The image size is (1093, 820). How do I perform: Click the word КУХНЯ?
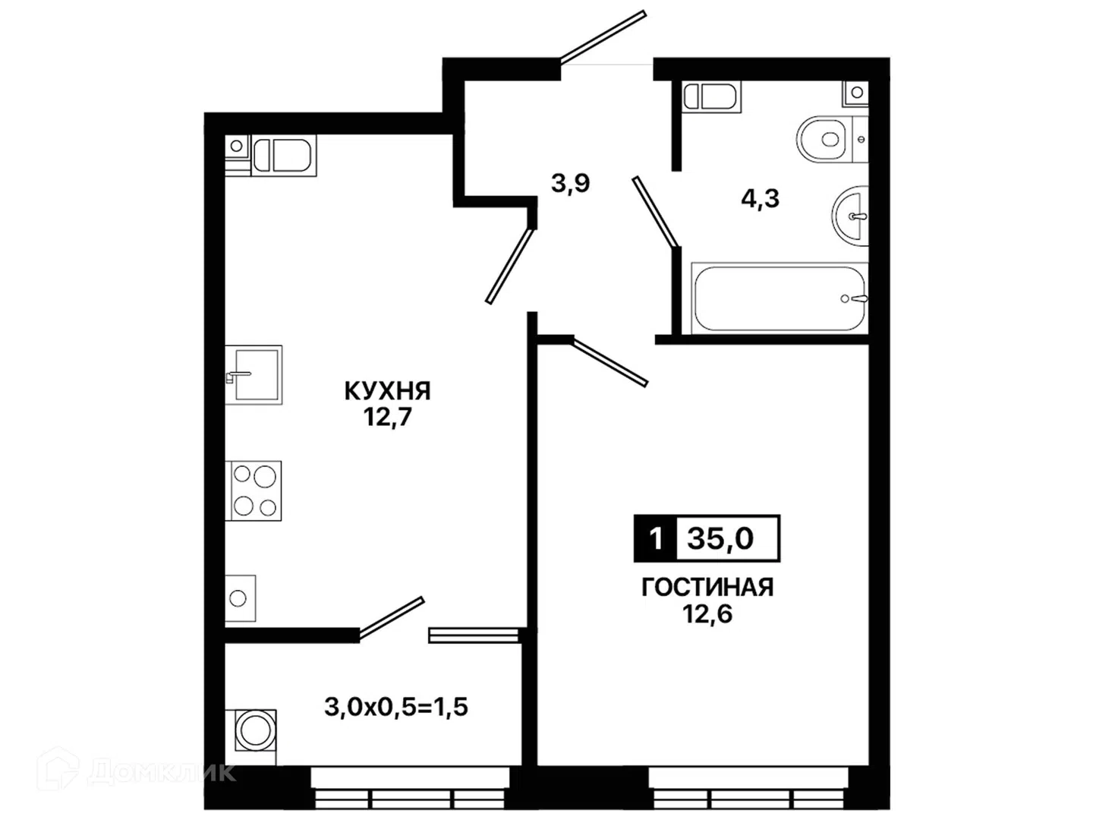point(387,391)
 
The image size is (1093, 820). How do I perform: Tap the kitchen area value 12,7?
point(387,417)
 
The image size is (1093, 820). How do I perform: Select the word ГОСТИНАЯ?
point(707,588)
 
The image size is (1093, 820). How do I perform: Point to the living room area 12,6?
point(707,613)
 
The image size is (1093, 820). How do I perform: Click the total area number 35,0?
point(720,538)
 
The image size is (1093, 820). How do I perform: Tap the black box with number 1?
point(655,538)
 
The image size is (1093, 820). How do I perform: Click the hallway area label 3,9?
point(570,183)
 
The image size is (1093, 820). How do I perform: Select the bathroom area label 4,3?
point(760,199)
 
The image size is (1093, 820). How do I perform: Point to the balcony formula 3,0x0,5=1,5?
point(396,707)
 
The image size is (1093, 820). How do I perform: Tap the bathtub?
point(780,298)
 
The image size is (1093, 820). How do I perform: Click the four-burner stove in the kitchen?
point(254,490)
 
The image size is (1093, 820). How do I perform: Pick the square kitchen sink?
point(254,374)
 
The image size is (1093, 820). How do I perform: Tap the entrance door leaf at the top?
point(603,38)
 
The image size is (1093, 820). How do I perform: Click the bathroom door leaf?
point(656,212)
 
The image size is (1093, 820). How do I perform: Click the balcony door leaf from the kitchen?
point(392,617)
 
